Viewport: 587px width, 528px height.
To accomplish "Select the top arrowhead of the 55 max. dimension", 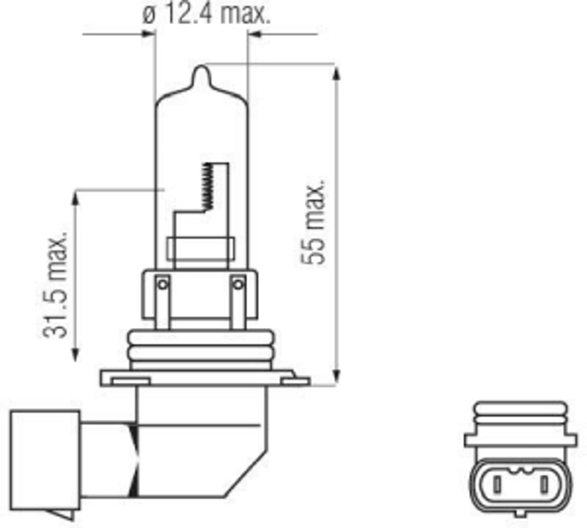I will coord(336,73).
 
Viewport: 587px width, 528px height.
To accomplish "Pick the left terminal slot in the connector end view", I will coord(497,484).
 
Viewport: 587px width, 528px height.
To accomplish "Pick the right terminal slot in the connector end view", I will coord(543,484).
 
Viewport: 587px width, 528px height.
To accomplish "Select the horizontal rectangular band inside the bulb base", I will coord(201,248).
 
